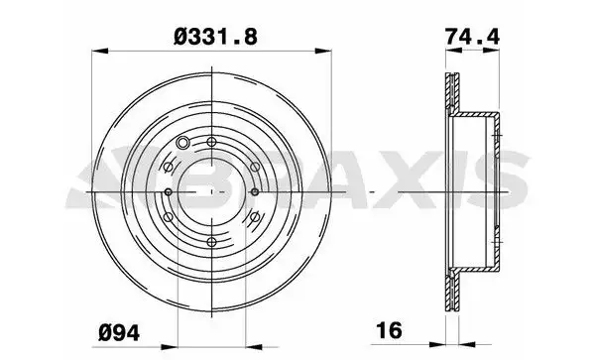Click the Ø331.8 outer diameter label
[215, 37]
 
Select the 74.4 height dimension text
[472, 37]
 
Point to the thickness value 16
[389, 330]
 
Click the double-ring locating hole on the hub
[182, 143]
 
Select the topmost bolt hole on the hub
[211, 142]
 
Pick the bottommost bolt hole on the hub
[211, 242]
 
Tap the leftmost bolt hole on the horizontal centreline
[169, 192]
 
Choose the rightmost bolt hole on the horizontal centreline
[255, 192]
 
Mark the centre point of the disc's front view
[211, 192]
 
